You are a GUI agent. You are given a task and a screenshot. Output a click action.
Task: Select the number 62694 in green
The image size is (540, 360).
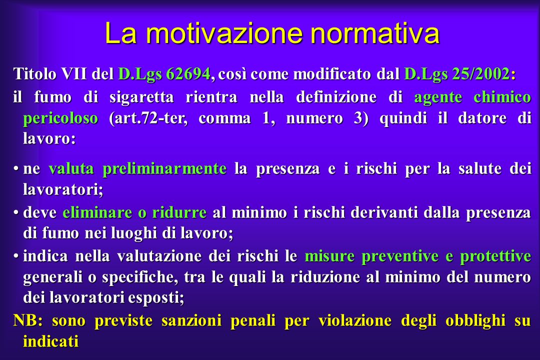click(188, 73)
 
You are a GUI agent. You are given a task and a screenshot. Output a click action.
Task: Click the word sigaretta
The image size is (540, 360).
click(141, 97)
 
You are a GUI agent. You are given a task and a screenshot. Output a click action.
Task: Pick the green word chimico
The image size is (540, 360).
click(502, 97)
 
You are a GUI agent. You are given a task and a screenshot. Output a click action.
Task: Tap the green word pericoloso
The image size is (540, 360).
click(60, 118)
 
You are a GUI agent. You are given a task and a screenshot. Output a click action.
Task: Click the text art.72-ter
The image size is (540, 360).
click(148, 118)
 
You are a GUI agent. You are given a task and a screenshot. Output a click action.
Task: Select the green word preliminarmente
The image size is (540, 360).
click(164, 169)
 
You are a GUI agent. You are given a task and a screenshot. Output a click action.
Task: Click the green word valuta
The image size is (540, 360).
click(71, 169)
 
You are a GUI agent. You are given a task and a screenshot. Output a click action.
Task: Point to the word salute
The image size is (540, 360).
click(479, 169)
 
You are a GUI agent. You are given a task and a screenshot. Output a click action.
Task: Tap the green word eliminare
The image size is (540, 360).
click(97, 212)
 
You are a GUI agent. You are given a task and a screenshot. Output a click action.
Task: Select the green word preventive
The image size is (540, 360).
click(400, 256)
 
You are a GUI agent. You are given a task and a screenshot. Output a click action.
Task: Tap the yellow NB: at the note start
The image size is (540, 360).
click(28, 320)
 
